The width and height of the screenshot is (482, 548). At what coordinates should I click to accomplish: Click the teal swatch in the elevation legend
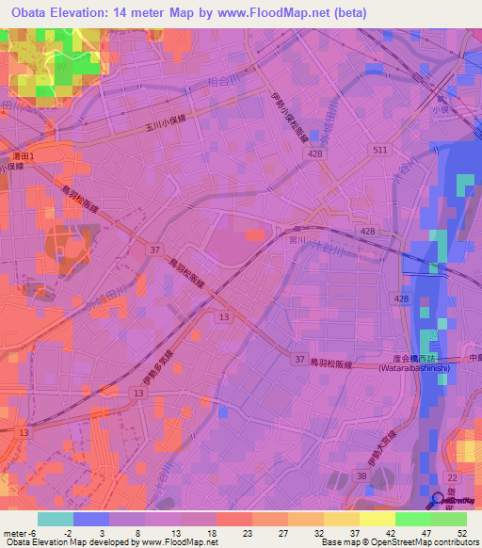pos(56,519)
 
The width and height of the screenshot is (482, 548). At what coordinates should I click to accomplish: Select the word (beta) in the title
pos(347,13)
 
